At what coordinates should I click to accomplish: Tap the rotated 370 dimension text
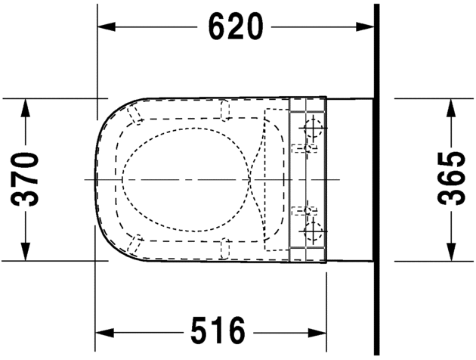(27, 179)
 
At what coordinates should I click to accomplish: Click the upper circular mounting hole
(311, 126)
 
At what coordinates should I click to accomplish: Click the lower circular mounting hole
(311, 231)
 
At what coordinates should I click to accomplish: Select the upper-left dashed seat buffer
(136, 114)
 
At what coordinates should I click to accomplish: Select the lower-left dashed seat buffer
(136, 244)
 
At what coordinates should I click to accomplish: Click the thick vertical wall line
(376, 179)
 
